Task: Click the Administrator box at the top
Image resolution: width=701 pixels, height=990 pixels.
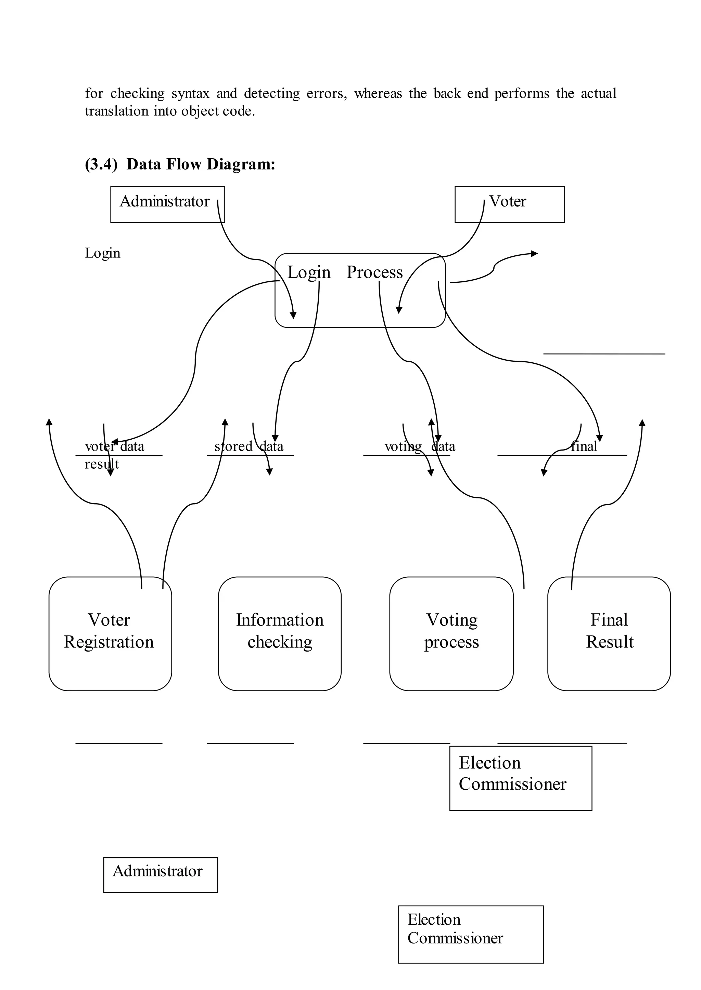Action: coord(167,204)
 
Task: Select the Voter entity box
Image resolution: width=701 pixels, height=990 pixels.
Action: coord(509,204)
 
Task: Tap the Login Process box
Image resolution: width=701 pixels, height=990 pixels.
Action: coord(359,290)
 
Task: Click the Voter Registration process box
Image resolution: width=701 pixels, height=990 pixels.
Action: coord(110,633)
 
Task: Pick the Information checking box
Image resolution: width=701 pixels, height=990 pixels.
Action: coord(280,633)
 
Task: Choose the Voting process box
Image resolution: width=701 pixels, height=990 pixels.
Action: coord(451,633)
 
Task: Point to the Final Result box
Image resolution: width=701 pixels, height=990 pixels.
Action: coord(609,633)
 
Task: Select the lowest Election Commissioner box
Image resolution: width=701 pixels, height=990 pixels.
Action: coord(471,934)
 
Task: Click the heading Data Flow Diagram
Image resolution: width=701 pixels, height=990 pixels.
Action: coord(201,164)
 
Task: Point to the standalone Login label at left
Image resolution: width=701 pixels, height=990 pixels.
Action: coord(103,253)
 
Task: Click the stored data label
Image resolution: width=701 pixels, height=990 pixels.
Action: coord(249,446)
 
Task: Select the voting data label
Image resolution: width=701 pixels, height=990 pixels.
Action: coord(420,446)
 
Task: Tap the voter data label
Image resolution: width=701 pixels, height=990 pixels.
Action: coord(115,446)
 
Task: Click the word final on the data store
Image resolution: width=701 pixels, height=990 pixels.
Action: coord(584,446)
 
